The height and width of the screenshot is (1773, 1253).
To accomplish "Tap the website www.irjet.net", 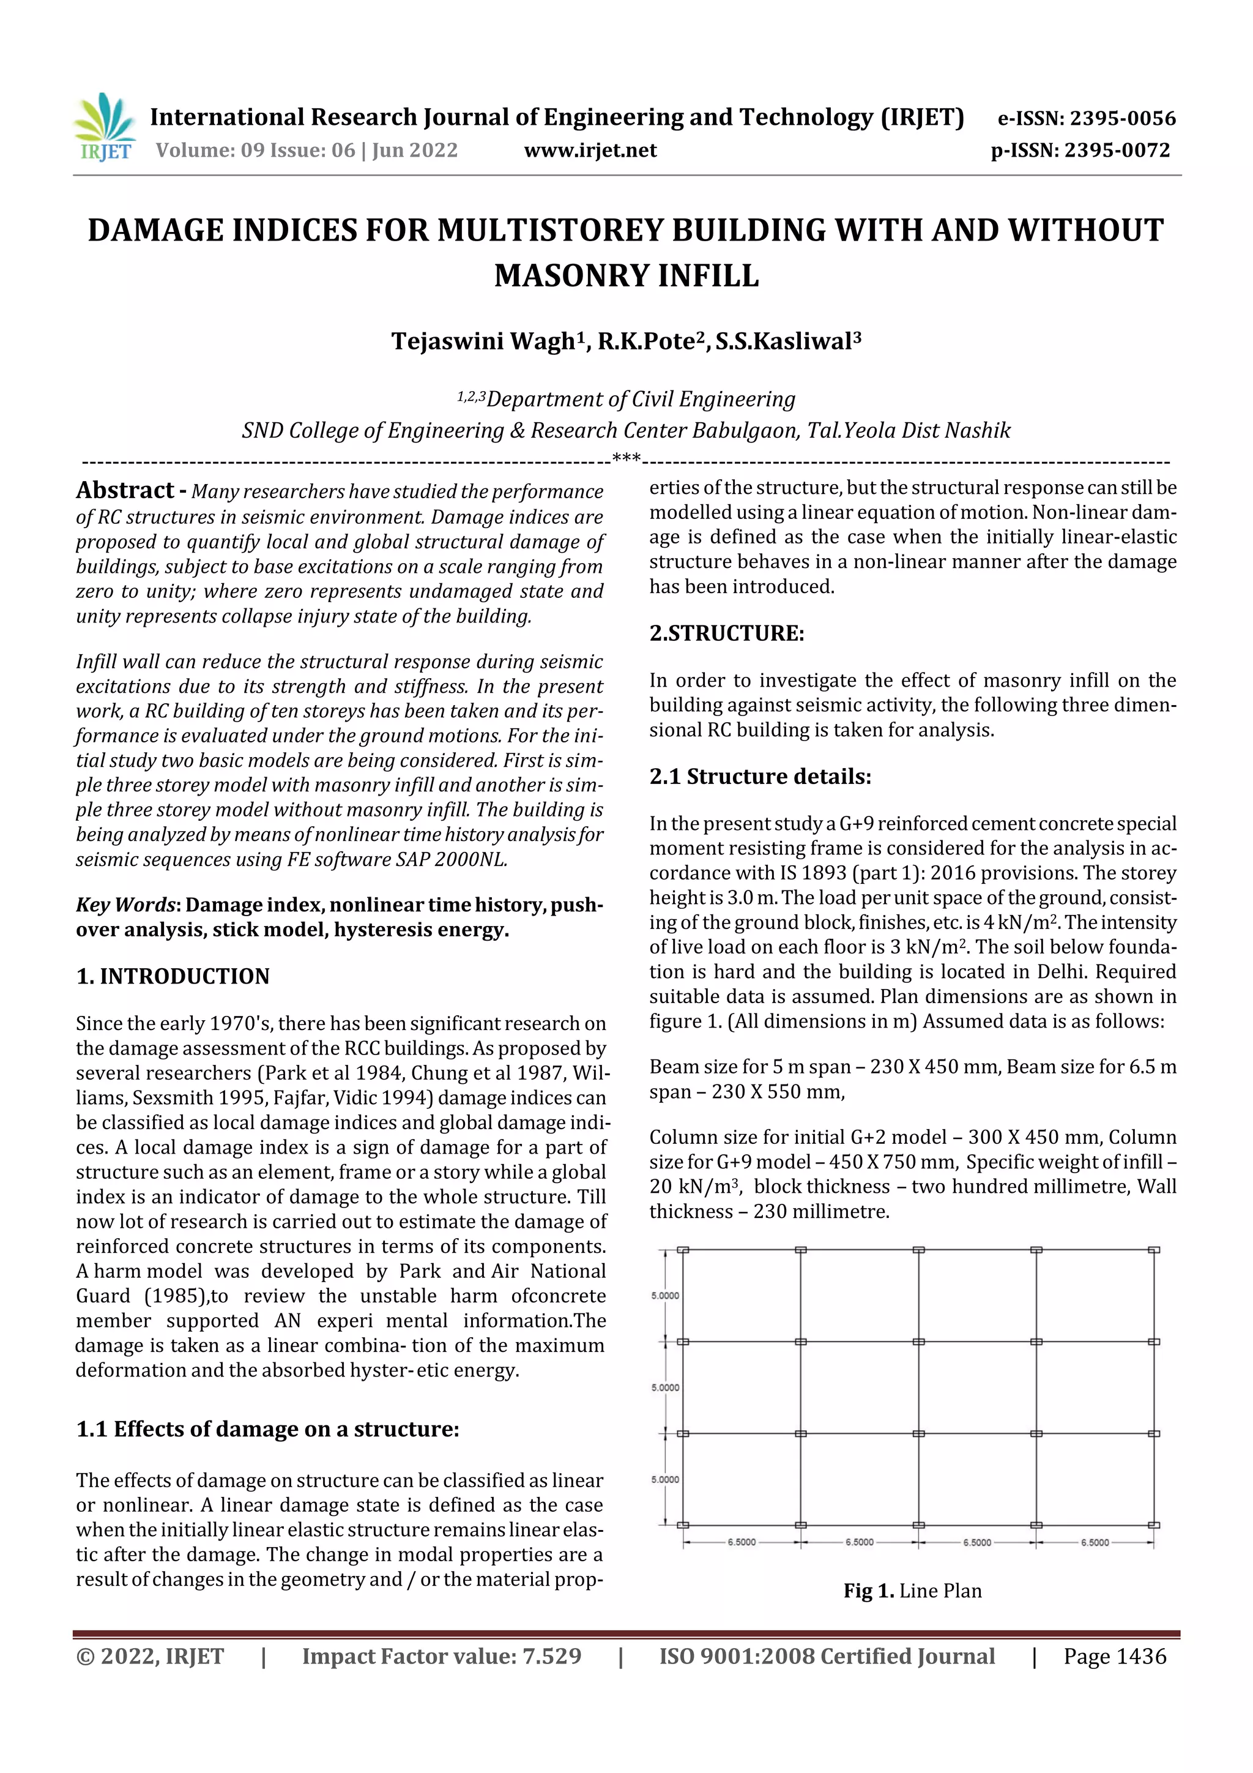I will [590, 150].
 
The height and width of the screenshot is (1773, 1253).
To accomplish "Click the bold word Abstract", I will [124, 490].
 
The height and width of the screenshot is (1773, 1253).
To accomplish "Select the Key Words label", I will [125, 905].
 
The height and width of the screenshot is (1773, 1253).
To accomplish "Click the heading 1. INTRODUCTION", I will [173, 976].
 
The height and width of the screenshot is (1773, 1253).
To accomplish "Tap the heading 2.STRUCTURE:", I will [726, 633].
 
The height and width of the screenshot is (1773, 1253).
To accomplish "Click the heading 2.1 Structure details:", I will [760, 776].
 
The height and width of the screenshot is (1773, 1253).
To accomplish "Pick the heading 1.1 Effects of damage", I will [267, 1430].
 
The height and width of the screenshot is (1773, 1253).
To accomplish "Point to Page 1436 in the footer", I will [1114, 1655].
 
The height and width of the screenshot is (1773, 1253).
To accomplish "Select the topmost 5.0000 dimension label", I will [664, 1295].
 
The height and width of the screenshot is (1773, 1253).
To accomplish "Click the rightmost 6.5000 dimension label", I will [1094, 1542].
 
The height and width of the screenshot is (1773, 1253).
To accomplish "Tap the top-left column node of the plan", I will [682, 1250].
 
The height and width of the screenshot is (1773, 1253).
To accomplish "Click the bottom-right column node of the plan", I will [1153, 1525].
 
